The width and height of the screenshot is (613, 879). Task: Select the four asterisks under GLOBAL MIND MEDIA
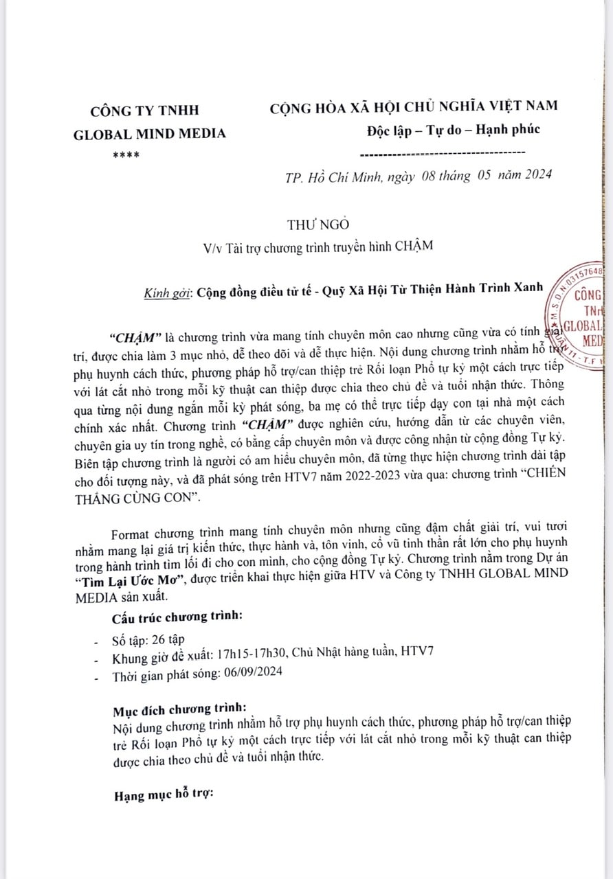point(126,155)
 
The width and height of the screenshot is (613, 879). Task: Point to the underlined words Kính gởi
point(167,290)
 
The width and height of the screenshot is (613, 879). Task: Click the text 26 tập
point(165,639)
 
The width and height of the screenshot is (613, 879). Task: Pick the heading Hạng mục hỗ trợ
point(164,796)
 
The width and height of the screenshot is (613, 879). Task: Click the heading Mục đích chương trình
point(177,708)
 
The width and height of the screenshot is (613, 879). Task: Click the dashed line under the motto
point(443,152)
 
